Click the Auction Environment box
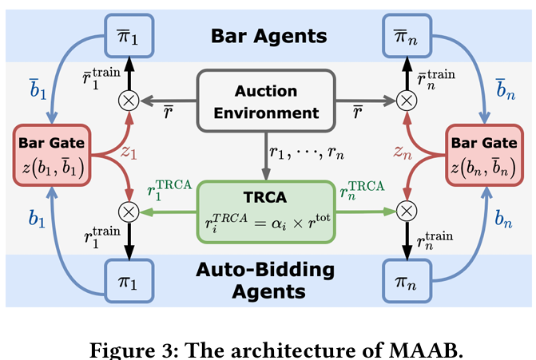click(267, 101)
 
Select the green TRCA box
click(267, 211)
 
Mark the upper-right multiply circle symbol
click(407, 101)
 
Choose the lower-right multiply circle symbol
click(407, 212)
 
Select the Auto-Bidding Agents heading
click(267, 281)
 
